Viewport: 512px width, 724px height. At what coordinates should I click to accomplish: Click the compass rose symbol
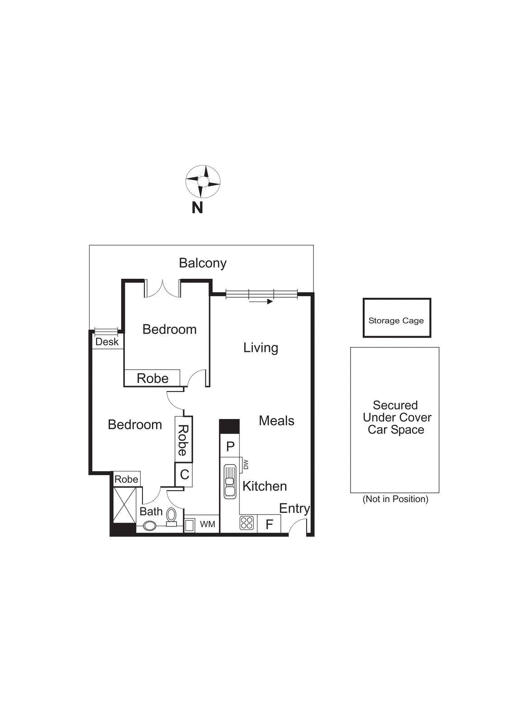coord(203,181)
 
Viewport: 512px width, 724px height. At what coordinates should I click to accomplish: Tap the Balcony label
coord(202,263)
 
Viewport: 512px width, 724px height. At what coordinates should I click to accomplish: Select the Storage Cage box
coord(397,318)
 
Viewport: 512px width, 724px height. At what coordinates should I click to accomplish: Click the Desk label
coord(107,342)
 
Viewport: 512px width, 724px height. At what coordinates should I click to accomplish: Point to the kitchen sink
coord(230,481)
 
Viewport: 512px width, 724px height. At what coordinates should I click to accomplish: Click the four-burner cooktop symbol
coord(247,523)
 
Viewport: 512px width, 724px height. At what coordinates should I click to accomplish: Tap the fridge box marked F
coord(270,524)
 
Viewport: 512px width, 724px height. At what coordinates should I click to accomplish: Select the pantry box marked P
coord(230,446)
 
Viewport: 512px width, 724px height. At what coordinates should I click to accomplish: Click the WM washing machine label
coord(208,524)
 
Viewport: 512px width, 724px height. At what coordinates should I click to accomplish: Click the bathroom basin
coord(150,526)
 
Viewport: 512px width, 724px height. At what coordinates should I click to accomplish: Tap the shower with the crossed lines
coord(124,505)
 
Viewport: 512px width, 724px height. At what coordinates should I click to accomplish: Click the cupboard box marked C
coord(184,475)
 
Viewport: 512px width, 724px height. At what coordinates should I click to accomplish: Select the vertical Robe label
coord(183,439)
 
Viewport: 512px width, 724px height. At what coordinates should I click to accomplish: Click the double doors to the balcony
coord(162,290)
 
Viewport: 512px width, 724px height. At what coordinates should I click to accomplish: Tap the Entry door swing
coord(298,526)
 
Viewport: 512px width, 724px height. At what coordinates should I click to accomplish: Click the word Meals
coord(276,421)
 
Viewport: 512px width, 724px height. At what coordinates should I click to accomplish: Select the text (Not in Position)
coord(395,499)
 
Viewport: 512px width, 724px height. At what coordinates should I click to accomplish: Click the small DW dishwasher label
coord(246,464)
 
